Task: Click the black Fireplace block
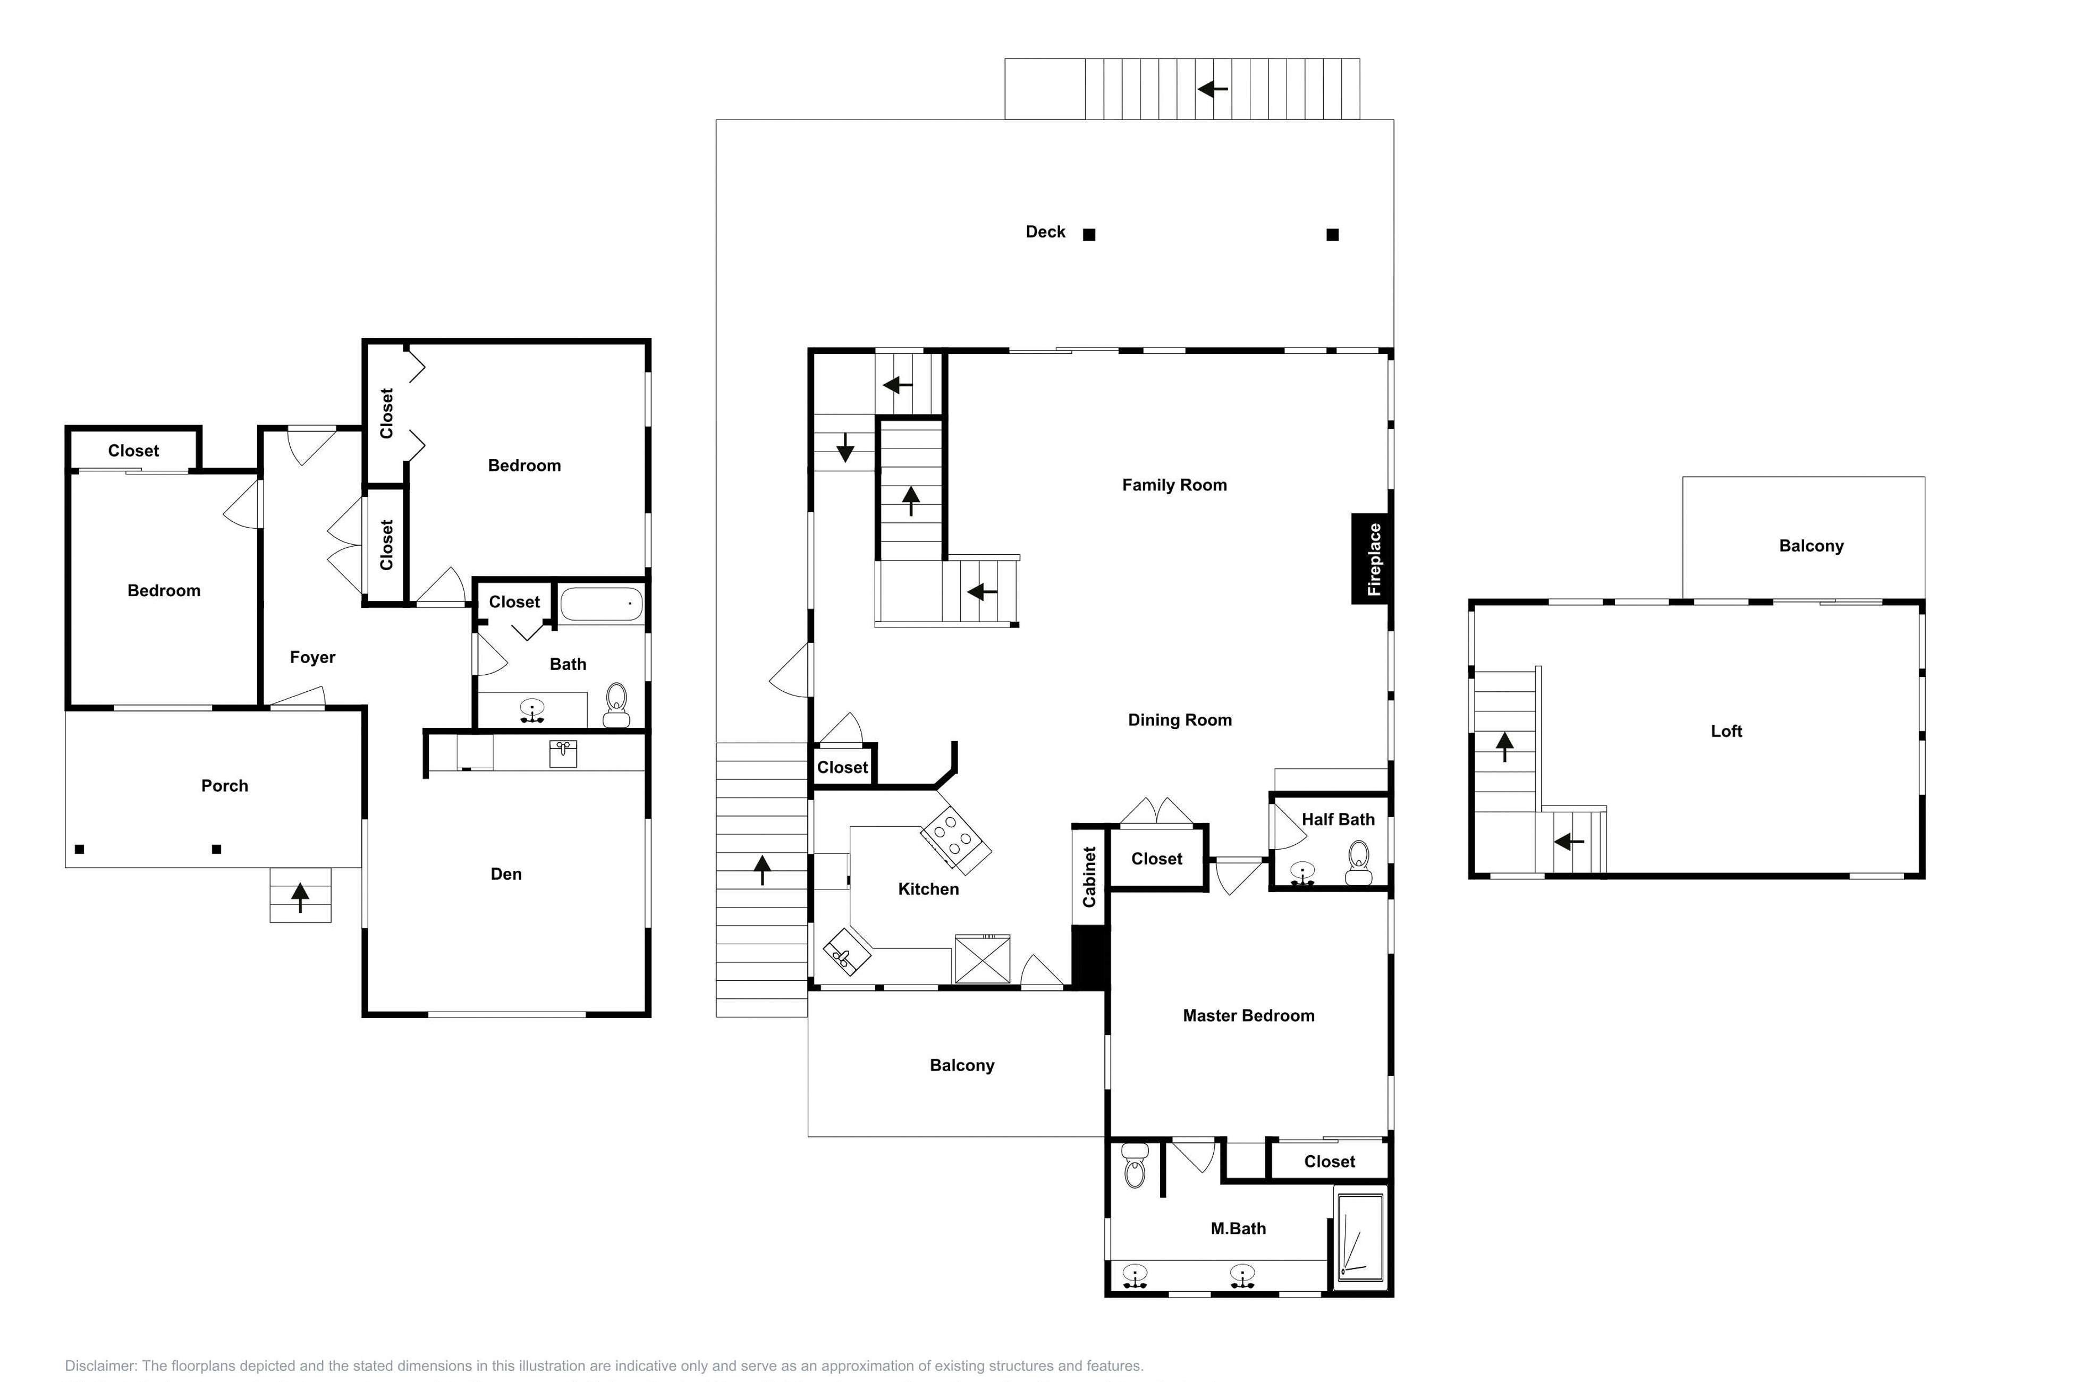click(1372, 559)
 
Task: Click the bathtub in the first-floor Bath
click(602, 605)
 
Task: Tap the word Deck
click(1045, 232)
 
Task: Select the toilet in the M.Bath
click(1135, 1166)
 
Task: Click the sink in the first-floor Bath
click(532, 709)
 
